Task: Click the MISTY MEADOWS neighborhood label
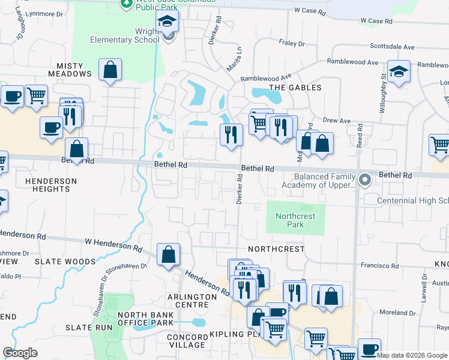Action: (x=74, y=70)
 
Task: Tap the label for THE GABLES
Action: (x=295, y=88)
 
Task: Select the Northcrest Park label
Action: (x=295, y=220)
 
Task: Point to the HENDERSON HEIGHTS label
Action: (x=51, y=185)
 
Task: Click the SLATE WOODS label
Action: (x=65, y=262)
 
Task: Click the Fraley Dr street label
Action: (x=292, y=43)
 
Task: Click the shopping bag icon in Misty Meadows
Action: (x=110, y=70)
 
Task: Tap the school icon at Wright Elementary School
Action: (x=167, y=23)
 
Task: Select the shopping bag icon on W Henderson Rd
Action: (x=169, y=254)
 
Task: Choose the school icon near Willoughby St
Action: (x=398, y=72)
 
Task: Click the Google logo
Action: (x=20, y=353)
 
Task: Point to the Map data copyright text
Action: (x=412, y=355)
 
